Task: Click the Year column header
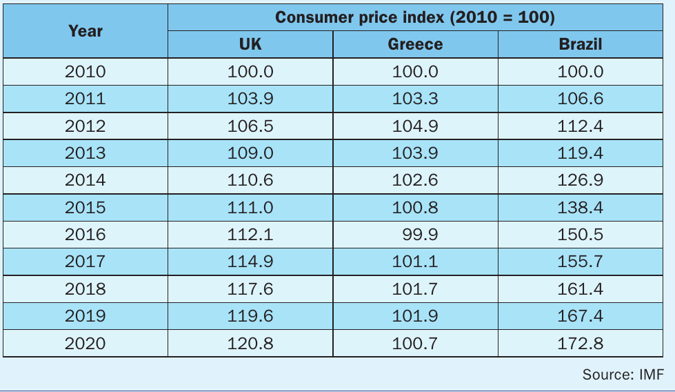click(x=85, y=31)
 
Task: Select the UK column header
click(x=250, y=44)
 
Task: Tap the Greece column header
click(x=415, y=44)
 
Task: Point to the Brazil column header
click(x=581, y=44)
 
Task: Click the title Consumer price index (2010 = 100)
click(x=415, y=17)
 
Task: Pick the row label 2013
click(x=85, y=153)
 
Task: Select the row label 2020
click(x=85, y=343)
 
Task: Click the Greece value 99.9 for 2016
click(x=420, y=235)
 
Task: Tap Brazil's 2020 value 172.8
click(x=581, y=343)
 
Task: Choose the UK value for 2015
click(x=250, y=207)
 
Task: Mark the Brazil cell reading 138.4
click(x=581, y=207)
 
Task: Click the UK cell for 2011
click(x=250, y=99)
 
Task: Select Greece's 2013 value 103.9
click(x=415, y=153)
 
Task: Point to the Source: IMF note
click(x=623, y=374)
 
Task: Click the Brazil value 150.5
click(x=581, y=235)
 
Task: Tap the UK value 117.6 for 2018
click(x=250, y=288)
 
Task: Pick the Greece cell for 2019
click(x=415, y=316)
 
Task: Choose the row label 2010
click(x=85, y=72)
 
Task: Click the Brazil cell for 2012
click(x=581, y=126)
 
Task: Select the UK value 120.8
click(x=250, y=343)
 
